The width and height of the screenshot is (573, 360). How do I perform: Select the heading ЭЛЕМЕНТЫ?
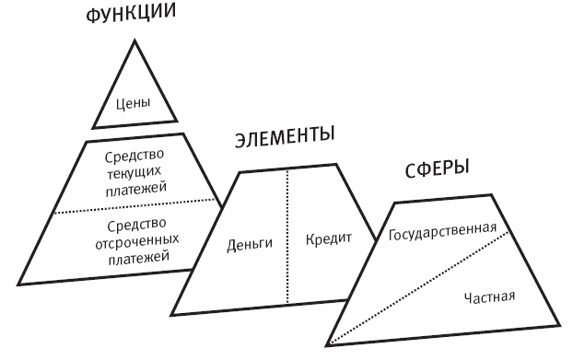pyautogui.click(x=284, y=140)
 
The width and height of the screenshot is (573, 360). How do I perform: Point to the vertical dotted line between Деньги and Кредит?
pyautogui.click(x=287, y=276)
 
